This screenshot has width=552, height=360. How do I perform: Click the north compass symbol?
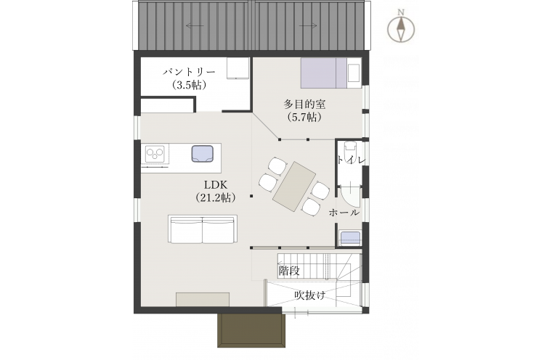click(x=401, y=27)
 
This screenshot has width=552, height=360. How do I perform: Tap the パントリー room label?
click(x=189, y=72)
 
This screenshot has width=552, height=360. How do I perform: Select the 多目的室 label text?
click(x=304, y=105)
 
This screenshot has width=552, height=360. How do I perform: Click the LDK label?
click(x=216, y=185)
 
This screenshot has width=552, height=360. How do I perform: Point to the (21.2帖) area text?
click(x=216, y=197)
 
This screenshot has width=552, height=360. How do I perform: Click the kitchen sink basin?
click(x=203, y=154)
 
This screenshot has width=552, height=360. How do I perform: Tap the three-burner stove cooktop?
click(x=155, y=154)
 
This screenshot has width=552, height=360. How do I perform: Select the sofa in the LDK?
click(x=203, y=229)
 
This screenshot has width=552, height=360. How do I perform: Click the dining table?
click(x=294, y=186)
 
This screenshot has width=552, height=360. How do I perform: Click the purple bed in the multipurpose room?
click(x=324, y=73)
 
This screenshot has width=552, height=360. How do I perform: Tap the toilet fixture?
click(x=350, y=151)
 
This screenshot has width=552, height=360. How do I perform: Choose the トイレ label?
click(x=352, y=160)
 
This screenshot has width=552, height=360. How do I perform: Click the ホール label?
click(x=344, y=213)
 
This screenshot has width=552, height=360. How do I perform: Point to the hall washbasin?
click(x=350, y=238)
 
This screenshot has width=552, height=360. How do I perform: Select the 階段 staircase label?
click(x=289, y=271)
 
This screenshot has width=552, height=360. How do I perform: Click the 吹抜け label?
click(x=310, y=295)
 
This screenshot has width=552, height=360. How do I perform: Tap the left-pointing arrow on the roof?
click(x=195, y=25)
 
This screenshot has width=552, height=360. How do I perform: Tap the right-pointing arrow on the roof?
click(x=308, y=25)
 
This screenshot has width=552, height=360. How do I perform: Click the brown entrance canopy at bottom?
click(x=251, y=330)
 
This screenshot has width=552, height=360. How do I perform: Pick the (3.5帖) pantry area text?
click(x=189, y=85)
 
